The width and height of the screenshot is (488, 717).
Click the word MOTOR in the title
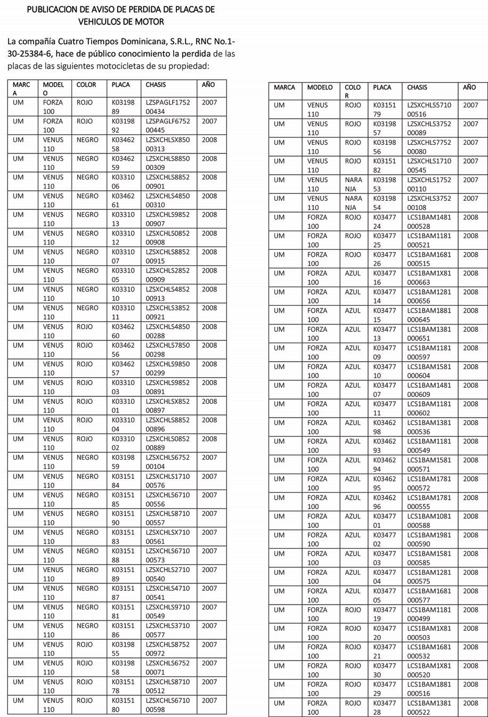click(151, 21)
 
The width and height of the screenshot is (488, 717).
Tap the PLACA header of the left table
click(121, 85)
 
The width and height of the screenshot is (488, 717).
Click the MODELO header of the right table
click(320, 87)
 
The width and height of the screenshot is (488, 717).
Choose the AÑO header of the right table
click(469, 87)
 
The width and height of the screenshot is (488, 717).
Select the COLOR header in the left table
click(86, 85)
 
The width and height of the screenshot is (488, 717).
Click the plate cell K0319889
click(123, 107)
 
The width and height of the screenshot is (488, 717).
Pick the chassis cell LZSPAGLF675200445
click(168, 126)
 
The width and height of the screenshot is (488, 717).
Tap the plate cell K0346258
click(123, 144)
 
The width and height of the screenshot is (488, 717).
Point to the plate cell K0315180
click(123, 705)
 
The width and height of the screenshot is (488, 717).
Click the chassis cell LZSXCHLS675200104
click(168, 462)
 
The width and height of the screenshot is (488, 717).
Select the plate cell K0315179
click(385, 110)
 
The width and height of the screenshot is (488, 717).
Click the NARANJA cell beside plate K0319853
click(353, 184)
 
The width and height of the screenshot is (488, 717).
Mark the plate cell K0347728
click(385, 707)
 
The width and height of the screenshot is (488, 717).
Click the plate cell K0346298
click(385, 427)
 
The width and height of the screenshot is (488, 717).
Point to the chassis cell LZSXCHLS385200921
click(168, 312)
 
